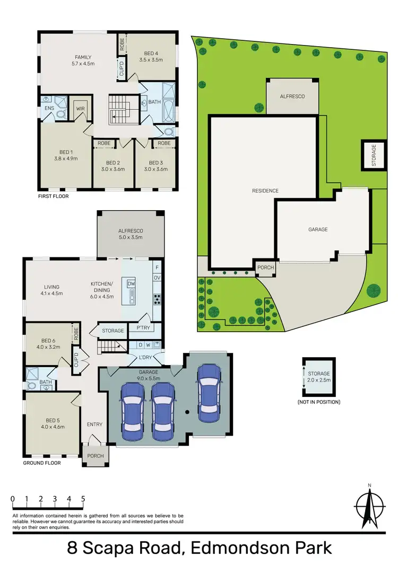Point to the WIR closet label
[x=81, y=108]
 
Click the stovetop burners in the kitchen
[x=157, y=299]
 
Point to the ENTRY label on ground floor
[x=94, y=424]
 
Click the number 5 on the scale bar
[x=83, y=499]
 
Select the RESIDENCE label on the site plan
[x=265, y=190]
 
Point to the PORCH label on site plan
[x=265, y=267]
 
